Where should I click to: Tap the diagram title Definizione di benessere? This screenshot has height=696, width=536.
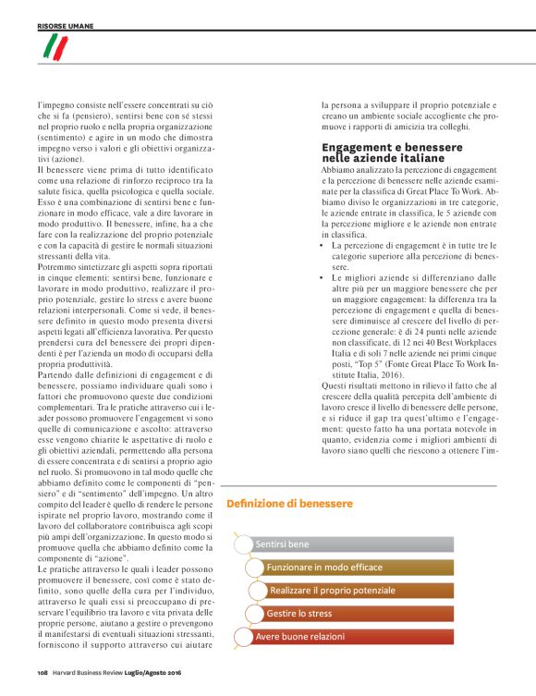click(289, 503)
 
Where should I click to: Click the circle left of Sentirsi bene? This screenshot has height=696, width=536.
click(242, 544)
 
